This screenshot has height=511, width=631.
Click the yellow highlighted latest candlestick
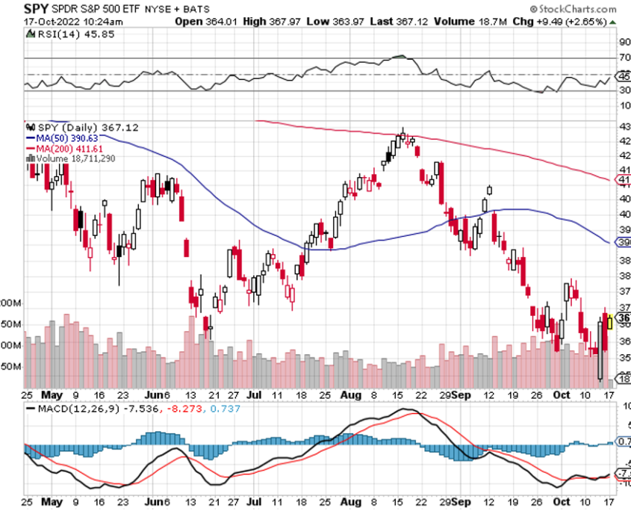[609, 322]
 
